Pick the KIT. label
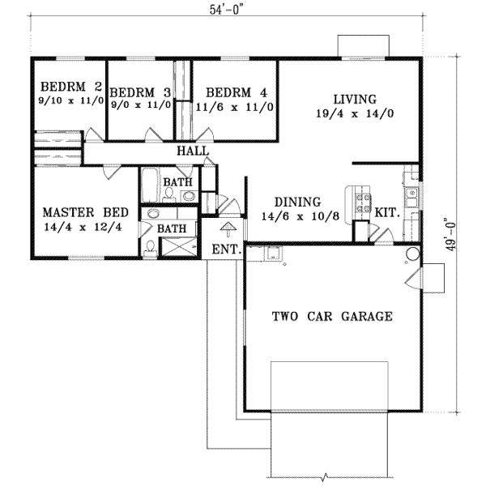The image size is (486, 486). tap(386, 212)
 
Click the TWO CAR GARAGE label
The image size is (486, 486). tap(333, 317)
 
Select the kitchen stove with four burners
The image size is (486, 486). tap(360, 198)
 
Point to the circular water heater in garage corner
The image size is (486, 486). tap(411, 254)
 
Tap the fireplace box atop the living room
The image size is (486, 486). tap(364, 46)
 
